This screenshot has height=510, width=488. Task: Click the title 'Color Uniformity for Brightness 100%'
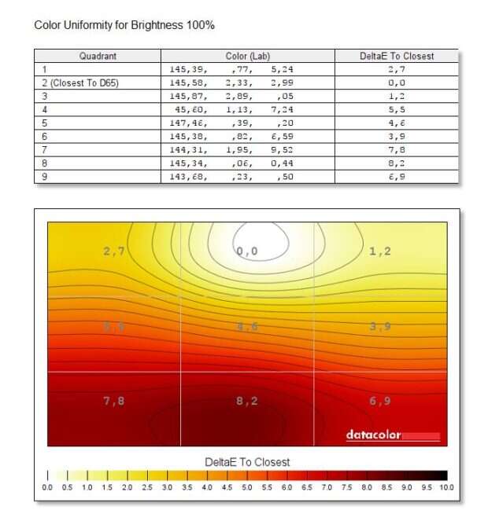124,26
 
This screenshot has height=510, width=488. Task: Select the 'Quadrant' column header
98,57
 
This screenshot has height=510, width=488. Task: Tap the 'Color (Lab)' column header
248,57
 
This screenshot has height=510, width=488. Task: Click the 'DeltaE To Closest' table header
396,57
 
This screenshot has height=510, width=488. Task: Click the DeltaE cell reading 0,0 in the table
396,83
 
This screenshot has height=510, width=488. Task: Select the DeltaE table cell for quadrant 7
396,149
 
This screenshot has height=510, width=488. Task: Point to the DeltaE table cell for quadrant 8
396,163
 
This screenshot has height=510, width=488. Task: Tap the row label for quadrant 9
45,176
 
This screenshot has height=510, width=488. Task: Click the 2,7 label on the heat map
114,251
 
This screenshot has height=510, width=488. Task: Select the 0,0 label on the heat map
247,251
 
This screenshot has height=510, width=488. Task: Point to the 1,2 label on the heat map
380,251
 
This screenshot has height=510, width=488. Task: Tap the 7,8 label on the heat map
114,401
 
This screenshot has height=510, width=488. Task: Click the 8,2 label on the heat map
247,401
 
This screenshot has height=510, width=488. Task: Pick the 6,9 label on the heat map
380,401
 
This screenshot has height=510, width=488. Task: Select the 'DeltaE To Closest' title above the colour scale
247,462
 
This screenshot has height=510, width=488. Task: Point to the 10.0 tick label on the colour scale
446,488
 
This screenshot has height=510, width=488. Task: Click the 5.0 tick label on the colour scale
247,488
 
